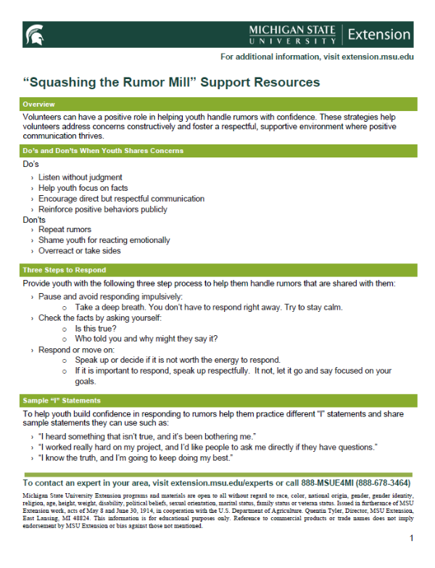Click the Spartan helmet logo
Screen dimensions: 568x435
point(33,33)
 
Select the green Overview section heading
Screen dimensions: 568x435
point(39,104)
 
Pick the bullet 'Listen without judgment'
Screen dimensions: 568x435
point(80,177)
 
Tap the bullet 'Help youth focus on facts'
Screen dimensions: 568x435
point(83,188)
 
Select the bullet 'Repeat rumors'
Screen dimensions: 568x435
point(65,229)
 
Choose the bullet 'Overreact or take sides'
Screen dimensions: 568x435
point(79,250)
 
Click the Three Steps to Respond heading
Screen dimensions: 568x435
point(59,270)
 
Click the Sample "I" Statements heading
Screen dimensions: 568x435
point(62,400)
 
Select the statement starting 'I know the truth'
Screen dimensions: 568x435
point(135,458)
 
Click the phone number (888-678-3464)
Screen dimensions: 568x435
point(373,482)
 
